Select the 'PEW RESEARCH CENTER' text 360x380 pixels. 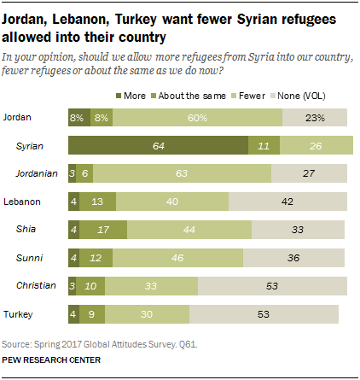51,360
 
